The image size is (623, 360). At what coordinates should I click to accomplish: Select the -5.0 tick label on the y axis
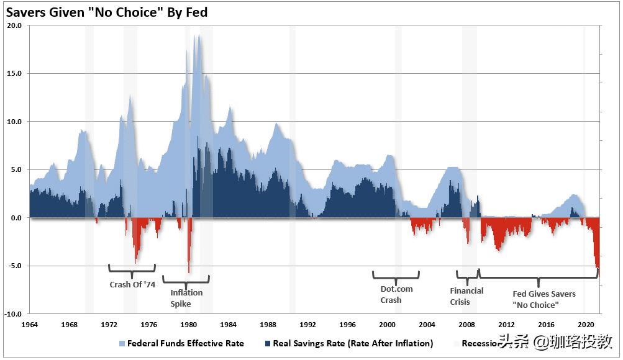coord(15,266)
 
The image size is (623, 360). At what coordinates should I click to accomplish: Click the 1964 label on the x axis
coord(29,324)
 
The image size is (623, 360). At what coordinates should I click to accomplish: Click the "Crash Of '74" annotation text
coord(132,285)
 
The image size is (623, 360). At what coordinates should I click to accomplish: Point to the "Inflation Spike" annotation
coord(186,299)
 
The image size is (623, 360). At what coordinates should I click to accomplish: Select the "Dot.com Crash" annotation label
coord(396,294)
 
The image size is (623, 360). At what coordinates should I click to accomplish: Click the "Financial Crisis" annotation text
coord(466,296)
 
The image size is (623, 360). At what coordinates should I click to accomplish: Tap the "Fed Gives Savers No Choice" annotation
coord(543,299)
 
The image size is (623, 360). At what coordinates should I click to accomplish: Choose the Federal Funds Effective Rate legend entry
coord(185,343)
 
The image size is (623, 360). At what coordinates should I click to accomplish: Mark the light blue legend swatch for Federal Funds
coord(122,343)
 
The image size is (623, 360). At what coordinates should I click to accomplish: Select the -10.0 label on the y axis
coord(14,314)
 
